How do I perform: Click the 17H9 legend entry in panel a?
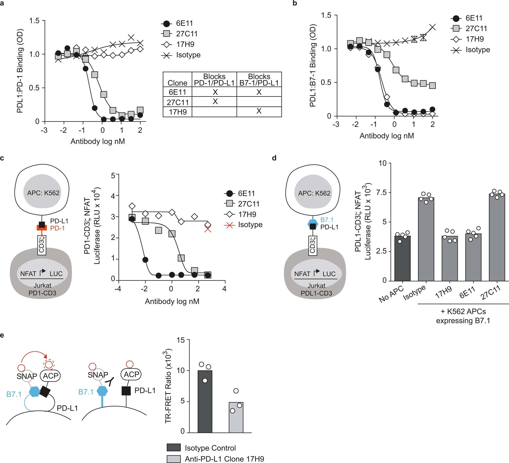tap(185, 44)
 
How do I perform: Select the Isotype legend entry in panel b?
tap(478, 50)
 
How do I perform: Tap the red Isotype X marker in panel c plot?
tap(208, 229)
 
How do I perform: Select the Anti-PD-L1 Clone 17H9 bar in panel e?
tap(236, 418)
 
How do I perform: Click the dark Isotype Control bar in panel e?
tap(205, 402)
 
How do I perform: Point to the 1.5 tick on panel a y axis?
tap(34, 21)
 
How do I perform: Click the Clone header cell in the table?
tap(177, 83)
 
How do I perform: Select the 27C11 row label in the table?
tap(177, 102)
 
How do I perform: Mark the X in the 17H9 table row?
tap(259, 111)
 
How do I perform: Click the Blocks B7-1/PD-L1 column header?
tap(259, 80)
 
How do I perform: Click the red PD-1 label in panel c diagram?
tap(57, 228)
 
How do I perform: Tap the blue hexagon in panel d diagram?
tap(313, 223)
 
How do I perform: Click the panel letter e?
tap(2, 335)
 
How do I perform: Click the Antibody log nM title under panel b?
tap(387, 136)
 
